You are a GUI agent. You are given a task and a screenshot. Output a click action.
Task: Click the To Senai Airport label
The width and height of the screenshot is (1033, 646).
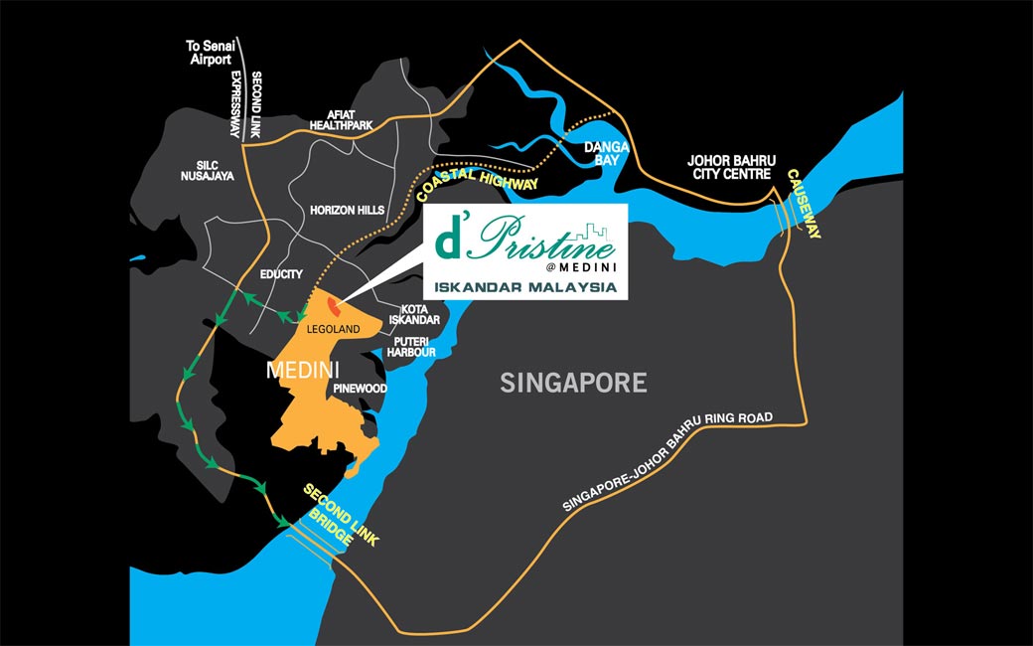(210, 53)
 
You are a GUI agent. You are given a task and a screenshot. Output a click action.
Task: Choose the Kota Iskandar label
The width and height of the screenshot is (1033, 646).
(414, 314)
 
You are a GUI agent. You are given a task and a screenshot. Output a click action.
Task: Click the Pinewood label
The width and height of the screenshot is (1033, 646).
(360, 388)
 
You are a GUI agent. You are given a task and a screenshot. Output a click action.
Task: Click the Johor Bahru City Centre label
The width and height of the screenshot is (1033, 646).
(729, 166)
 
